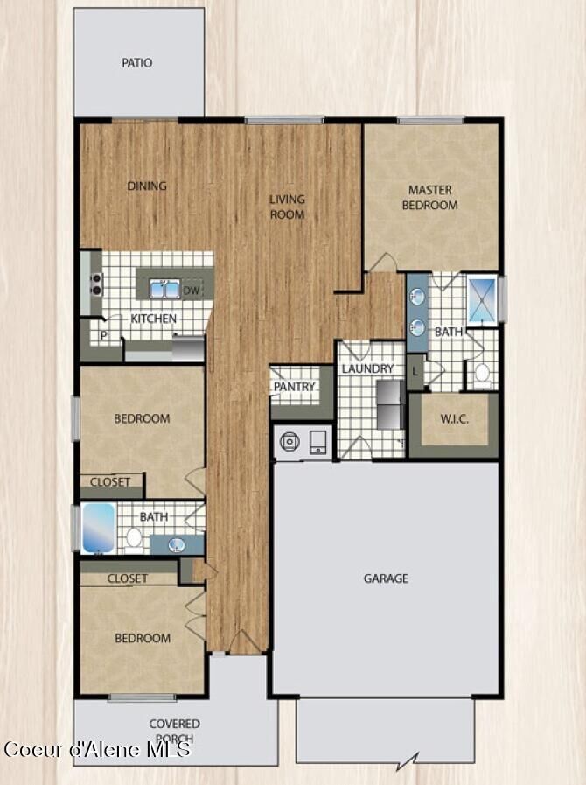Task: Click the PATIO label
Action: (136, 63)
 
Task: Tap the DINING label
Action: (147, 186)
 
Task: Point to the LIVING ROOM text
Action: (287, 207)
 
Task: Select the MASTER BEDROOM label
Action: (429, 198)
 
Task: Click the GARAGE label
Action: (386, 578)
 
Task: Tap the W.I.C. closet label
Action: (453, 419)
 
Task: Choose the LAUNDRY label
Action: (367, 369)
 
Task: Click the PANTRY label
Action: (294, 387)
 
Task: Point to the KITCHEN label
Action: (154, 319)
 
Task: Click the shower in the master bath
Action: (481, 300)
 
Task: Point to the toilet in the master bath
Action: (481, 374)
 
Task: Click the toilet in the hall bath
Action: (134, 538)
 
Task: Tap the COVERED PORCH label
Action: (174, 731)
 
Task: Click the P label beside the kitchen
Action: (103, 335)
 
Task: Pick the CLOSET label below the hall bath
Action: (128, 578)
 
